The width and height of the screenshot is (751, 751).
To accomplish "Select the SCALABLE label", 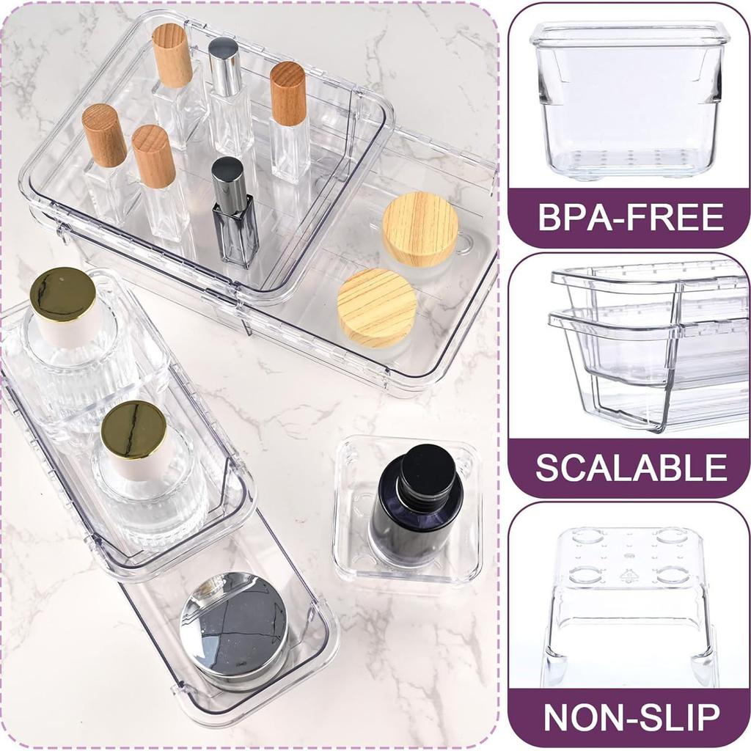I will (x=631, y=468).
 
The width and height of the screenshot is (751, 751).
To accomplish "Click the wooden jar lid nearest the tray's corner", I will (x=420, y=228).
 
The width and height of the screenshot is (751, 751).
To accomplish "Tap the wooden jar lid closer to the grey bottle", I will (x=377, y=307).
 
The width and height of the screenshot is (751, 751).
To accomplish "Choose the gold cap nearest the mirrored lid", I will (x=133, y=430).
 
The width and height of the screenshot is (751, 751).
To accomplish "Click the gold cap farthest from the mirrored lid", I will (x=62, y=293).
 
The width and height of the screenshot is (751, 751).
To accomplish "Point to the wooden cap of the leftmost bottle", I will (x=104, y=135).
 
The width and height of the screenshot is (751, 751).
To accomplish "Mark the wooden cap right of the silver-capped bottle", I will (x=287, y=93).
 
